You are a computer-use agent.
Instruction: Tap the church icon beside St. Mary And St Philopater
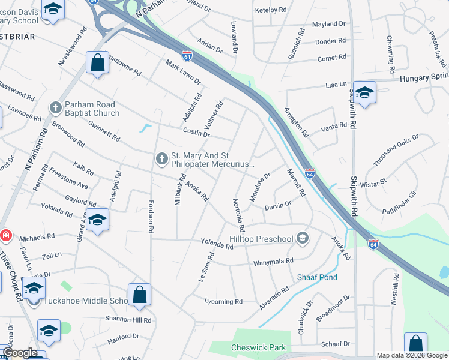(x=161, y=158)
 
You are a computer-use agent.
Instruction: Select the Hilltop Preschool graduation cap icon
(x=303, y=239)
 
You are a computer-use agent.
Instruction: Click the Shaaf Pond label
(x=317, y=277)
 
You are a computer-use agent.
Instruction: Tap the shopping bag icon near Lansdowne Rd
(x=97, y=62)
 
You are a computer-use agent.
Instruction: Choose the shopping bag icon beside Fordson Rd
(x=139, y=294)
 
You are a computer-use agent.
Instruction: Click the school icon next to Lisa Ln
(x=364, y=92)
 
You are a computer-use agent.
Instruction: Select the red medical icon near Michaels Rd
(x=5, y=235)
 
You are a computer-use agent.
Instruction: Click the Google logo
(x=20, y=353)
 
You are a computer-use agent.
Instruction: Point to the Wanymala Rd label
(x=273, y=261)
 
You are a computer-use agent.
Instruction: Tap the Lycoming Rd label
(x=223, y=301)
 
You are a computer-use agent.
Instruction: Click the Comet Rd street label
(x=332, y=58)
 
